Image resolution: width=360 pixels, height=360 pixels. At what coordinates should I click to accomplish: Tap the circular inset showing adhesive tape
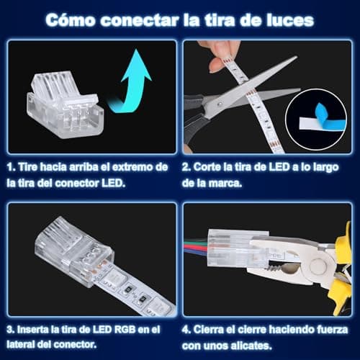pos(315,122)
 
